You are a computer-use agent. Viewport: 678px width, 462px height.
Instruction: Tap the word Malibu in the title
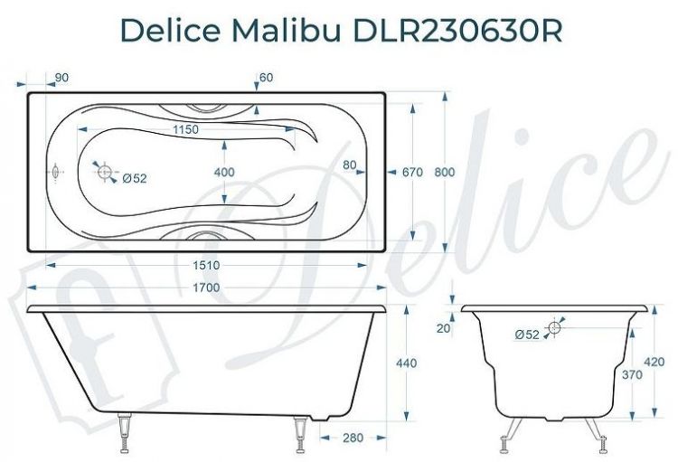[296, 30]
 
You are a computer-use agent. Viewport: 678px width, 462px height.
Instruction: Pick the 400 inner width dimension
[224, 172]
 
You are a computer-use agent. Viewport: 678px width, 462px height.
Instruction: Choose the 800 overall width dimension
[461, 172]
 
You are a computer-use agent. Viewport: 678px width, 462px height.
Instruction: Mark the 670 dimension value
[413, 172]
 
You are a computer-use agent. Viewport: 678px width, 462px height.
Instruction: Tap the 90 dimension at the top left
[62, 79]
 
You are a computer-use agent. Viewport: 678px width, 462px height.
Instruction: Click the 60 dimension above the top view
[266, 79]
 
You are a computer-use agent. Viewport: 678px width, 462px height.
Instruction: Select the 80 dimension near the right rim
[350, 165]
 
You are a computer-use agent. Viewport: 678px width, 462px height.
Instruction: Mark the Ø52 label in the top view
[134, 178]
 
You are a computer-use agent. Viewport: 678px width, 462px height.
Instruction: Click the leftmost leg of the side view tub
[124, 436]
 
